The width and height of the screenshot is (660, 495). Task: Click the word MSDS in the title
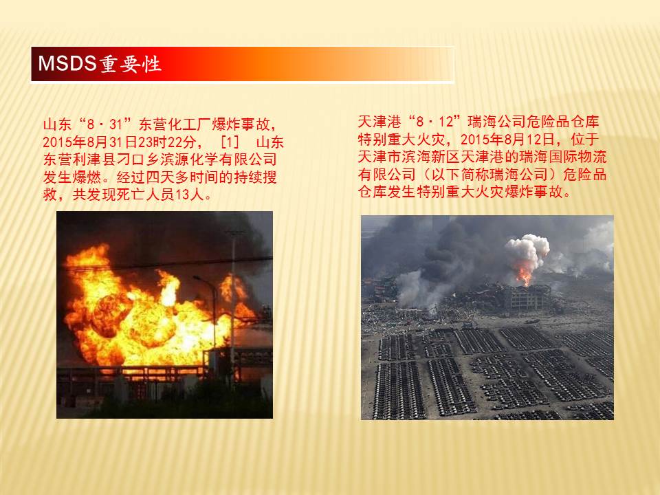pos(67,63)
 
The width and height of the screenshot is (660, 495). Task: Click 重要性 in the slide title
pos(130,64)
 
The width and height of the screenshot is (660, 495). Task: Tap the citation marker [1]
pos(230,142)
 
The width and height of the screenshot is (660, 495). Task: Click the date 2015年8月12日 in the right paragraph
pos(507,139)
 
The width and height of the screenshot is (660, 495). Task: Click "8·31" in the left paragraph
pos(104,124)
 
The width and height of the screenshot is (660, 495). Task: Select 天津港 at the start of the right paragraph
pos(379,122)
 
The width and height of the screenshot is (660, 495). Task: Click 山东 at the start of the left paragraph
pos(57,124)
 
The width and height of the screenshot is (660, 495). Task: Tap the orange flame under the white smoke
pos(524,274)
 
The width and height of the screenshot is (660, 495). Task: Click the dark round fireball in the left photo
pos(111,316)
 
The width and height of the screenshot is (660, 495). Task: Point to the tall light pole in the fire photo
pos(233,311)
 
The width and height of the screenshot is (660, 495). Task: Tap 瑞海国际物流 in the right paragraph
pos(563,157)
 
